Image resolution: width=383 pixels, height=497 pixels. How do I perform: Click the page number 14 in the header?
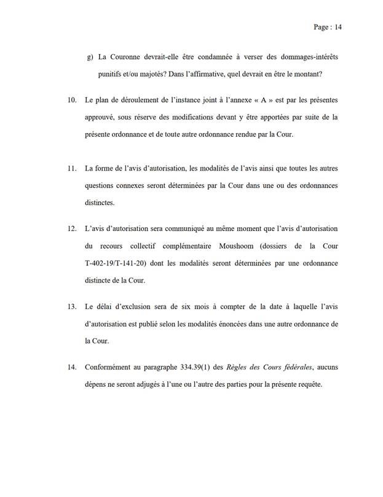338,27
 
